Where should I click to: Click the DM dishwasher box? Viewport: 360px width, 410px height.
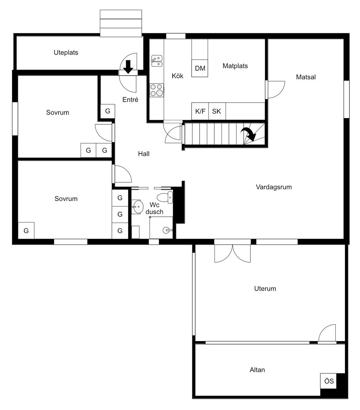pos(200,69)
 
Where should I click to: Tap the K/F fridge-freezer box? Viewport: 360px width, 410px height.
pos(200,111)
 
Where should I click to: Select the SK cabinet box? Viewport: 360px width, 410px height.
pos(217,111)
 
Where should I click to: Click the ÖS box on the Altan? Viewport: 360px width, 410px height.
pos(329,381)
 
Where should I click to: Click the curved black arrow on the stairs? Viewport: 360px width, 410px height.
pos(249,134)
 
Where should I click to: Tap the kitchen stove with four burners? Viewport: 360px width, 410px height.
pos(157,90)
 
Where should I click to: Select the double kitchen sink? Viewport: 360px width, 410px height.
pos(156,61)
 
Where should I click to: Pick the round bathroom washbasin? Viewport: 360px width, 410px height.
pos(138,207)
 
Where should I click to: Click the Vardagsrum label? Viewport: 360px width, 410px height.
pos(274,187)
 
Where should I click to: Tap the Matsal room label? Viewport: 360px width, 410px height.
pos(306,77)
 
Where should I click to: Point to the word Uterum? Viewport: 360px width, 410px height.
pos(265,289)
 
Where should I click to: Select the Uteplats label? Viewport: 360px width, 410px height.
pos(66,53)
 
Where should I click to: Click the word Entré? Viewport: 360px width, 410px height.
pos(130,100)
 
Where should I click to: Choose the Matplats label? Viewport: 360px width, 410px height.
pos(235,66)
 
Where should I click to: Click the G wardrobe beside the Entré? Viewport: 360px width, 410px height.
pos(108,111)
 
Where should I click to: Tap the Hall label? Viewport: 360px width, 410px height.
pos(143,154)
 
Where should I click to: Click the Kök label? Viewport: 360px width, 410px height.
pos(178,76)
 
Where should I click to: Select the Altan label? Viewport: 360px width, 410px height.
pos(257,370)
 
